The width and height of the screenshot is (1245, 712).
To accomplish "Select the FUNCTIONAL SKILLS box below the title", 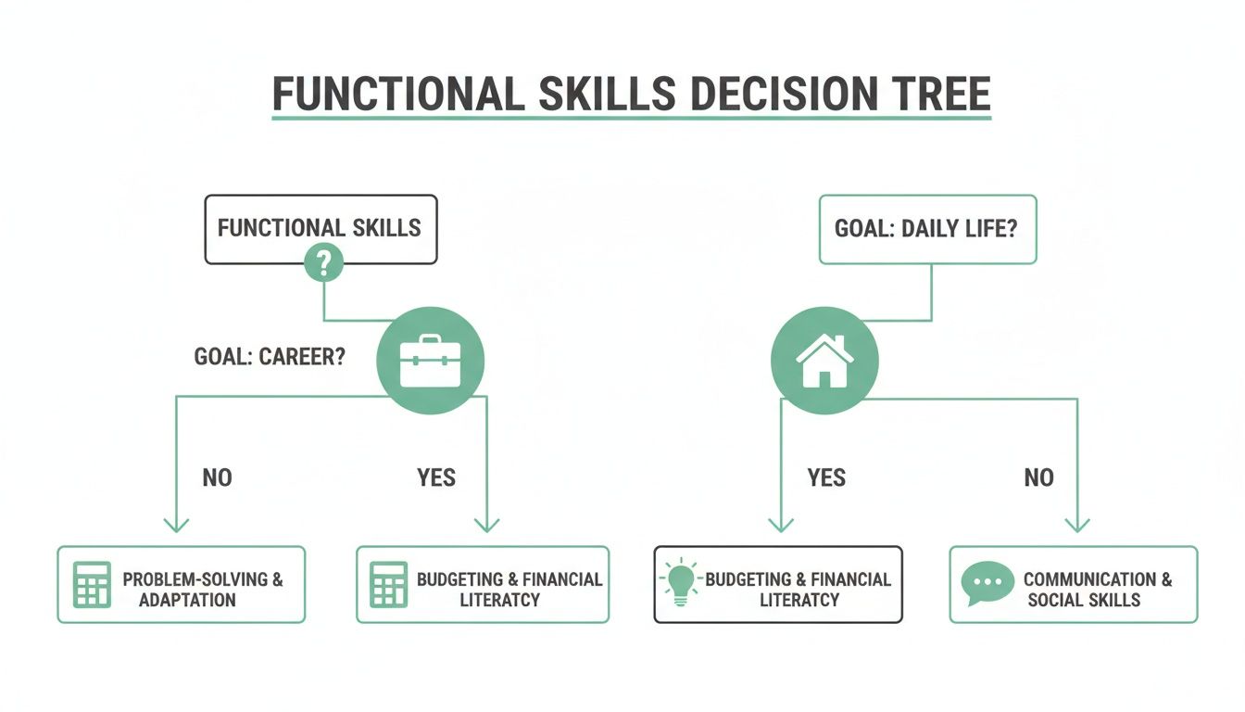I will click(320, 228).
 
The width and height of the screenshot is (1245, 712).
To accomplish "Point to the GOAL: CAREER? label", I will click(270, 357).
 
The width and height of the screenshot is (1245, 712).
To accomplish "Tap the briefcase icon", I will click(430, 361).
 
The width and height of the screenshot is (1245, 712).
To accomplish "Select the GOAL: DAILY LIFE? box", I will click(927, 228).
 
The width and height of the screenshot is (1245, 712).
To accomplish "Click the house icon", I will click(824, 361).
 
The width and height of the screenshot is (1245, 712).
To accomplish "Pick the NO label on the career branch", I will click(217, 477).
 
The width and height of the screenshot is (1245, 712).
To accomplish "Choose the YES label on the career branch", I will click(435, 477).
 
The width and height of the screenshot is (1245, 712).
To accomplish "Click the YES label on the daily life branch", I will click(826, 477).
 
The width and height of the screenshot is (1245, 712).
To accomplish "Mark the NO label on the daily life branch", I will click(1038, 477).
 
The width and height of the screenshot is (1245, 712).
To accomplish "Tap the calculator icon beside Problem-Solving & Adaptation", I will click(92, 584).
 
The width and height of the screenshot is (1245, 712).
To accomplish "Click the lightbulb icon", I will click(681, 583).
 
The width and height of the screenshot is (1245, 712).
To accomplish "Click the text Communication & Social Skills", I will click(1096, 590).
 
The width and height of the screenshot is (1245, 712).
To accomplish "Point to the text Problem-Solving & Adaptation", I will click(202, 590).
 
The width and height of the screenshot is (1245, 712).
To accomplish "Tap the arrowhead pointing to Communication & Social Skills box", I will click(1076, 525).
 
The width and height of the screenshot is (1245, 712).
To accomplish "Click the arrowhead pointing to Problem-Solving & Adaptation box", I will click(176, 525).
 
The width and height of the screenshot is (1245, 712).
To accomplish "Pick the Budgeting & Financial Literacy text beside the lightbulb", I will click(798, 590).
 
